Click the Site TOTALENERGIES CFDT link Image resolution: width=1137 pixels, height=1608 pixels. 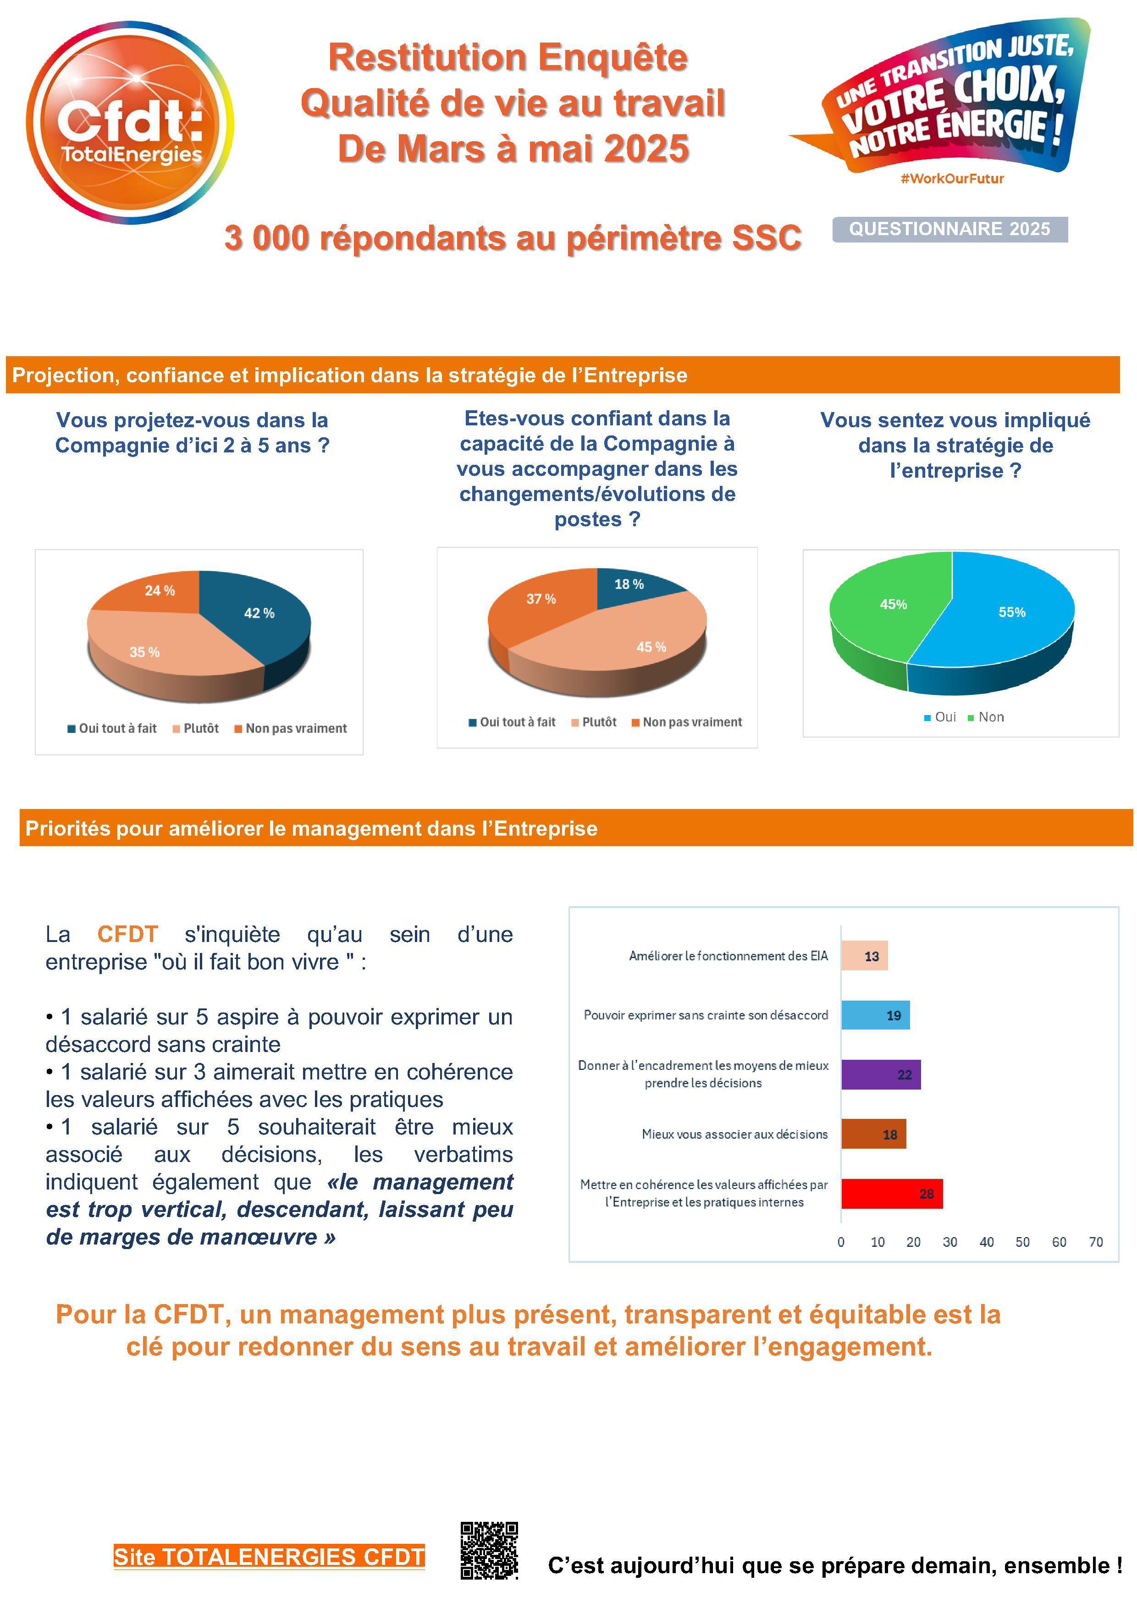(x=269, y=1556)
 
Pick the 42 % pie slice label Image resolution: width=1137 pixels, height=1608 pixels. (x=259, y=613)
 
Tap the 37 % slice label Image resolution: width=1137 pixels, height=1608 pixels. (x=541, y=599)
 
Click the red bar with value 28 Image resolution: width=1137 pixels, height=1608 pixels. (x=891, y=1194)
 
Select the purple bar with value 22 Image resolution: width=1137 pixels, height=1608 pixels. (x=881, y=1075)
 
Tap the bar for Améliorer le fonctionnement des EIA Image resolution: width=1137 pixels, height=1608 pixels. (x=864, y=956)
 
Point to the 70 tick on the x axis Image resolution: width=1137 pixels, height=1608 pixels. (x=1096, y=1242)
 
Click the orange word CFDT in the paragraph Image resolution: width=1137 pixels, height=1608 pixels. (x=127, y=934)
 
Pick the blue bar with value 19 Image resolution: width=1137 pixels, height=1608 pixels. (x=875, y=1015)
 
